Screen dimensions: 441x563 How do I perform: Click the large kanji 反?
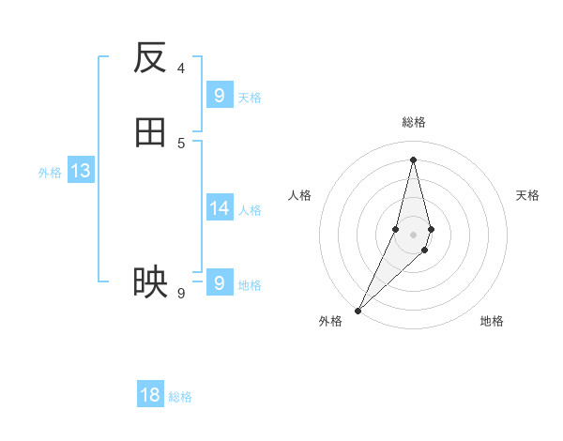click(x=150, y=58)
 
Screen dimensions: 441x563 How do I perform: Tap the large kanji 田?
click(x=150, y=133)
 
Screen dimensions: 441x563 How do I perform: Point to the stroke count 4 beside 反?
click(x=181, y=68)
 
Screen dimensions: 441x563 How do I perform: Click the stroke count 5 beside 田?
click(x=181, y=143)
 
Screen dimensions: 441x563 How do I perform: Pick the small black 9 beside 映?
click(x=181, y=293)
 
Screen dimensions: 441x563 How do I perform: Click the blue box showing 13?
click(x=80, y=172)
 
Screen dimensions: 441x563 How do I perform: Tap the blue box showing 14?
click(x=219, y=208)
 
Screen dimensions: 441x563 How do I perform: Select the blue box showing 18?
click(x=150, y=395)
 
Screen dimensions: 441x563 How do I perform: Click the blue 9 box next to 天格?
click(x=219, y=96)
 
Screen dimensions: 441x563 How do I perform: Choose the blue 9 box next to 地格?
click(x=219, y=282)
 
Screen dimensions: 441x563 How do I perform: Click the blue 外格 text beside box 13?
click(x=50, y=173)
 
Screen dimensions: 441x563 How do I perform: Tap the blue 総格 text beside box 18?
click(x=180, y=397)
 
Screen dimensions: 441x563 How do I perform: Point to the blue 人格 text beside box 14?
click(x=250, y=210)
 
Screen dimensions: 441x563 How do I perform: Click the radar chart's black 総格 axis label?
click(x=413, y=122)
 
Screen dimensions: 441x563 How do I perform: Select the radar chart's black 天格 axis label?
click(x=527, y=195)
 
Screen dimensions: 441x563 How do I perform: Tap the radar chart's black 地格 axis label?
click(x=492, y=321)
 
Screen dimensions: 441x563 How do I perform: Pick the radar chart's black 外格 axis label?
click(x=330, y=321)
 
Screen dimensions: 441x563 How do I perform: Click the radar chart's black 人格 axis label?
click(x=300, y=195)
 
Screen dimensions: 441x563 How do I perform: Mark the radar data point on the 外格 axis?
click(x=358, y=310)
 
